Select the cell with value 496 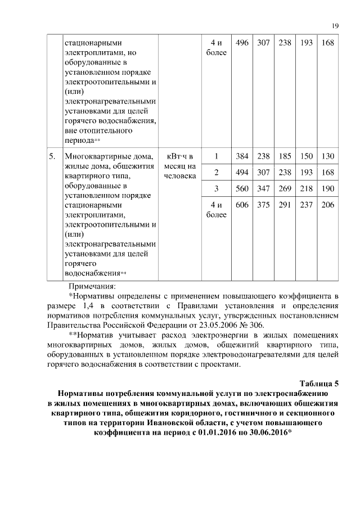click(242, 43)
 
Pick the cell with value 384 click(242, 156)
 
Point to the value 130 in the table click(327, 156)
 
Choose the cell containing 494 click(242, 172)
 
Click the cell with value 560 click(242, 188)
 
